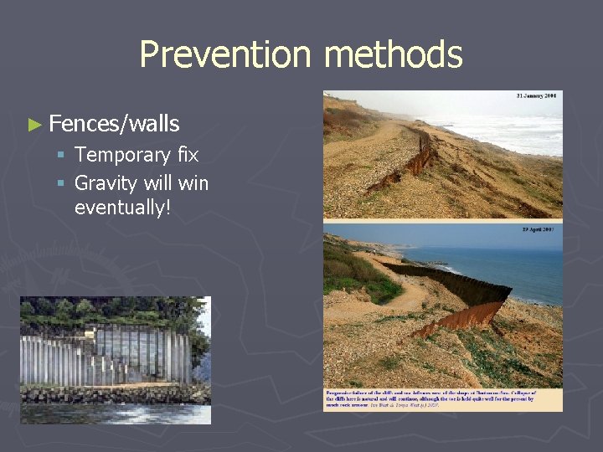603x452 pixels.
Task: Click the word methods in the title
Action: coord(393,55)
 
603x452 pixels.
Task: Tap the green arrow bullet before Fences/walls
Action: coord(33,126)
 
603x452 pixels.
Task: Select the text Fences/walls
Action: coord(114,125)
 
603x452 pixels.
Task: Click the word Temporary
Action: coord(122,155)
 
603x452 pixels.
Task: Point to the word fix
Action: coord(188,155)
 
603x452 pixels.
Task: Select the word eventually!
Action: coord(122,206)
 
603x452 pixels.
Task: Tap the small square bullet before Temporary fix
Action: coord(61,156)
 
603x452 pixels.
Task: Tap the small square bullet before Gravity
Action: coord(61,183)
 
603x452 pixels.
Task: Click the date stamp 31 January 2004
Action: coord(539,96)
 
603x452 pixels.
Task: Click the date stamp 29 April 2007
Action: coord(539,229)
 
